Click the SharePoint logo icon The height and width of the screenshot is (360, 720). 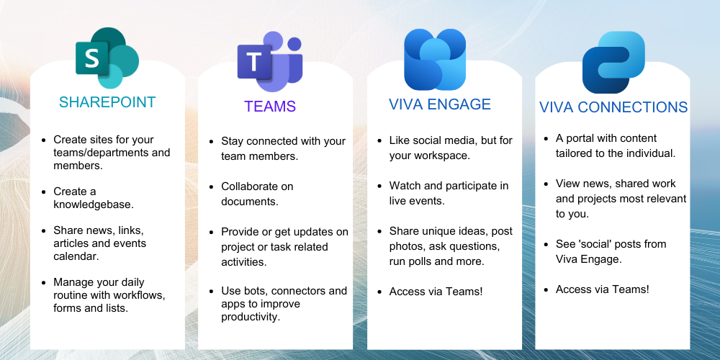pyautogui.click(x=107, y=58)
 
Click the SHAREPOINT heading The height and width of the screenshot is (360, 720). pyautogui.click(x=107, y=102)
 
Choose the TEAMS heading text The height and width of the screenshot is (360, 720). pyautogui.click(x=270, y=107)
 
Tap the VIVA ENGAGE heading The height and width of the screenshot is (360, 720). pyautogui.click(x=440, y=104)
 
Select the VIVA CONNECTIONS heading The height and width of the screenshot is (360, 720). pyautogui.click(x=613, y=107)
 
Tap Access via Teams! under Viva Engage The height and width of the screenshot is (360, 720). pyautogui.click(x=436, y=292)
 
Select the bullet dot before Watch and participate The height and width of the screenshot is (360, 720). pyautogui.click(x=379, y=186)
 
